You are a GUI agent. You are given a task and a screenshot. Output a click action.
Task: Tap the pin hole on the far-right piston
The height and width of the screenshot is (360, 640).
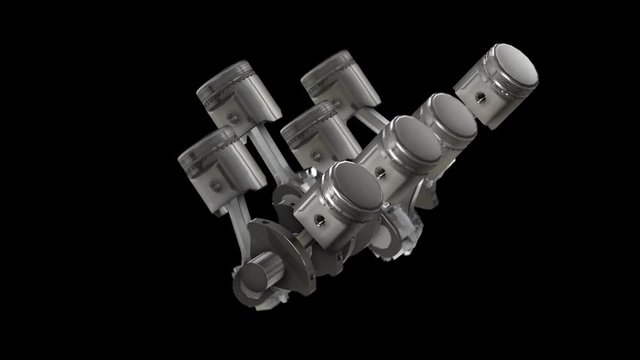coord(480,97)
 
